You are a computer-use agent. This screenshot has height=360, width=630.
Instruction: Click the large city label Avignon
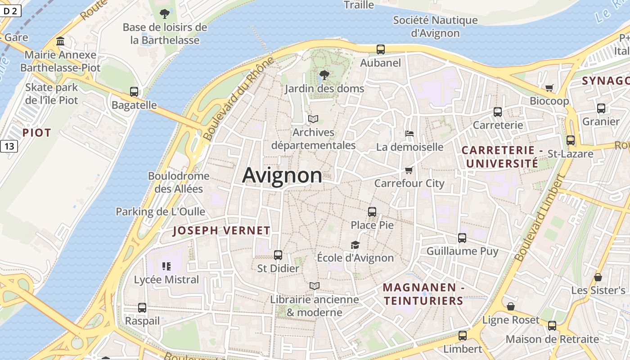[x=282, y=175]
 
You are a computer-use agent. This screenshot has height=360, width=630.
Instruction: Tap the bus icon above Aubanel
[x=381, y=49]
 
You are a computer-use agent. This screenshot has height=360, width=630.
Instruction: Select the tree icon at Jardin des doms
[x=324, y=75]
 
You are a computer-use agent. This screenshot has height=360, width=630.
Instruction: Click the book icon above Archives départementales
[x=313, y=119]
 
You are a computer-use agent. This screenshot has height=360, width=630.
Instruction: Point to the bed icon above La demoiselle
[x=409, y=134]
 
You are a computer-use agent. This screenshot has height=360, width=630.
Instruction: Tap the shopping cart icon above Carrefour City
[x=409, y=170]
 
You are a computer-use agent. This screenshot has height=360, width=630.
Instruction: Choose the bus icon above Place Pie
[x=372, y=211]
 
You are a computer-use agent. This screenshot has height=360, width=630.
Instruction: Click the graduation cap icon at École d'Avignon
[x=355, y=245]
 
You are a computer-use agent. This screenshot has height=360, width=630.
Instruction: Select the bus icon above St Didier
[x=278, y=255]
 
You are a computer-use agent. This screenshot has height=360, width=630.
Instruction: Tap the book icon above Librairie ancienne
[x=315, y=286]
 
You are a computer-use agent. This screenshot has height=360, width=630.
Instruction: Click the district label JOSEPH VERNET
[x=221, y=231]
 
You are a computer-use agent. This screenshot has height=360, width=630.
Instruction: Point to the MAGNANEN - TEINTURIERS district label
[x=423, y=294]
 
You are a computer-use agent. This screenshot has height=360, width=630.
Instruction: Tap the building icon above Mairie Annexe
[x=60, y=42]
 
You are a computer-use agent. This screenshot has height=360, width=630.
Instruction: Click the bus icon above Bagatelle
[x=134, y=92]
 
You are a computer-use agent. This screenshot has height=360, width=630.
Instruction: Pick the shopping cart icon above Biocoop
[x=549, y=88]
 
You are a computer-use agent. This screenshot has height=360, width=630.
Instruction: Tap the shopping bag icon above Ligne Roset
[x=511, y=307]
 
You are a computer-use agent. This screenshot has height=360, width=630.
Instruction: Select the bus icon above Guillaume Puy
[x=462, y=238]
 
